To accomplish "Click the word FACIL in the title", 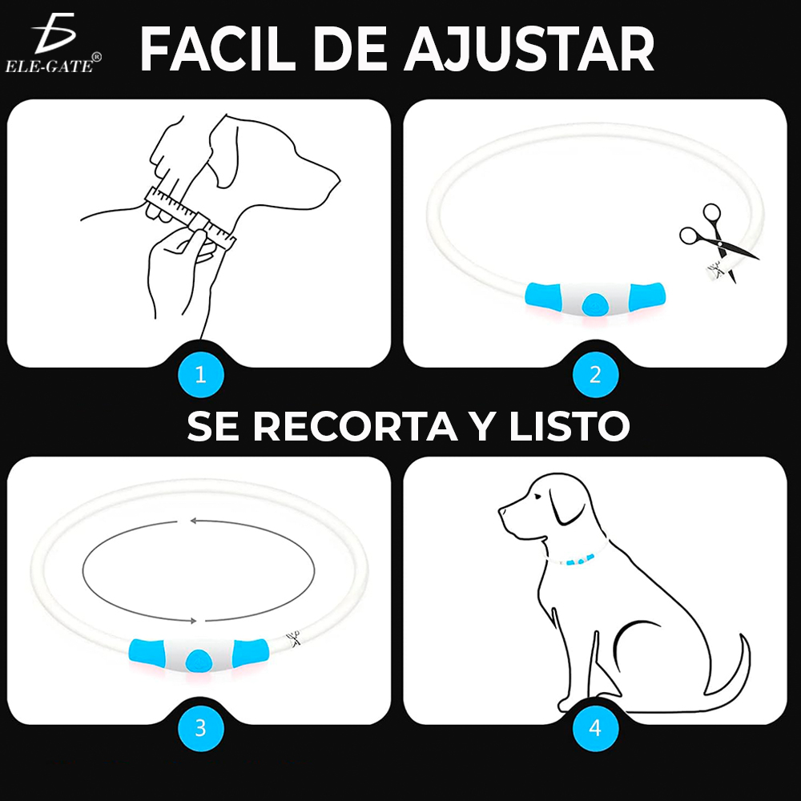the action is pos(218,49).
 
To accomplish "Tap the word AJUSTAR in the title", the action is pos(529,50).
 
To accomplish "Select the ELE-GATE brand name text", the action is pos(50,66).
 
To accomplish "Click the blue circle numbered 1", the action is pos(201,375).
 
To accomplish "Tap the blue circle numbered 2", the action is pos(595,375).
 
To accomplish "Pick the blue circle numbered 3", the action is pos(201,728).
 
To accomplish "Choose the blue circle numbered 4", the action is pos(595,728).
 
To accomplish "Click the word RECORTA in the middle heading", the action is pos(356,426).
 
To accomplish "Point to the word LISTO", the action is pos(569,426).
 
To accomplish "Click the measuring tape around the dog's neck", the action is pos(190,215).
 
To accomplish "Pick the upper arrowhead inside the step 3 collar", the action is pos(194,521).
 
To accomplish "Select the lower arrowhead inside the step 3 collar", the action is pos(194,622).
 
